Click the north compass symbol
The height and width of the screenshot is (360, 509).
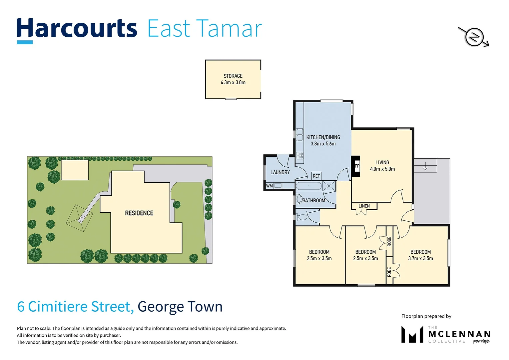474,37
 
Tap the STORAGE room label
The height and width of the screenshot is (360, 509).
233,76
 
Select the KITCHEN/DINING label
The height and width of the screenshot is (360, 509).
323,137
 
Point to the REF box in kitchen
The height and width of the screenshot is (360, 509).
316,176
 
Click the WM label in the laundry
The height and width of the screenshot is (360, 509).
269,186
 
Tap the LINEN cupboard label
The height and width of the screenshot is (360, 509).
364,206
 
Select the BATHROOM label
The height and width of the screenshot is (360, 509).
313,200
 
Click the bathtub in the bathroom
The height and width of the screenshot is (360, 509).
309,186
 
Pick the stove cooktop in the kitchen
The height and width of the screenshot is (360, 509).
299,155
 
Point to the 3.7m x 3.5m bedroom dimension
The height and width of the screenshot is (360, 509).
420,258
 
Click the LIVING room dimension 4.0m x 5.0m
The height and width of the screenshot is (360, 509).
382,169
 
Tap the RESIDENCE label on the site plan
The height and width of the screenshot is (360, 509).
139,213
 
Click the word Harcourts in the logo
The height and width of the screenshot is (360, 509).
77,29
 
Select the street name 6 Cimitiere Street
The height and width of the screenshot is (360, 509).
75,307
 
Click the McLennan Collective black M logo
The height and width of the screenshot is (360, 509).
412,334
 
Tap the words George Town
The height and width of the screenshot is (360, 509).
180,307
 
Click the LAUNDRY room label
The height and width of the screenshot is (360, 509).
280,172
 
